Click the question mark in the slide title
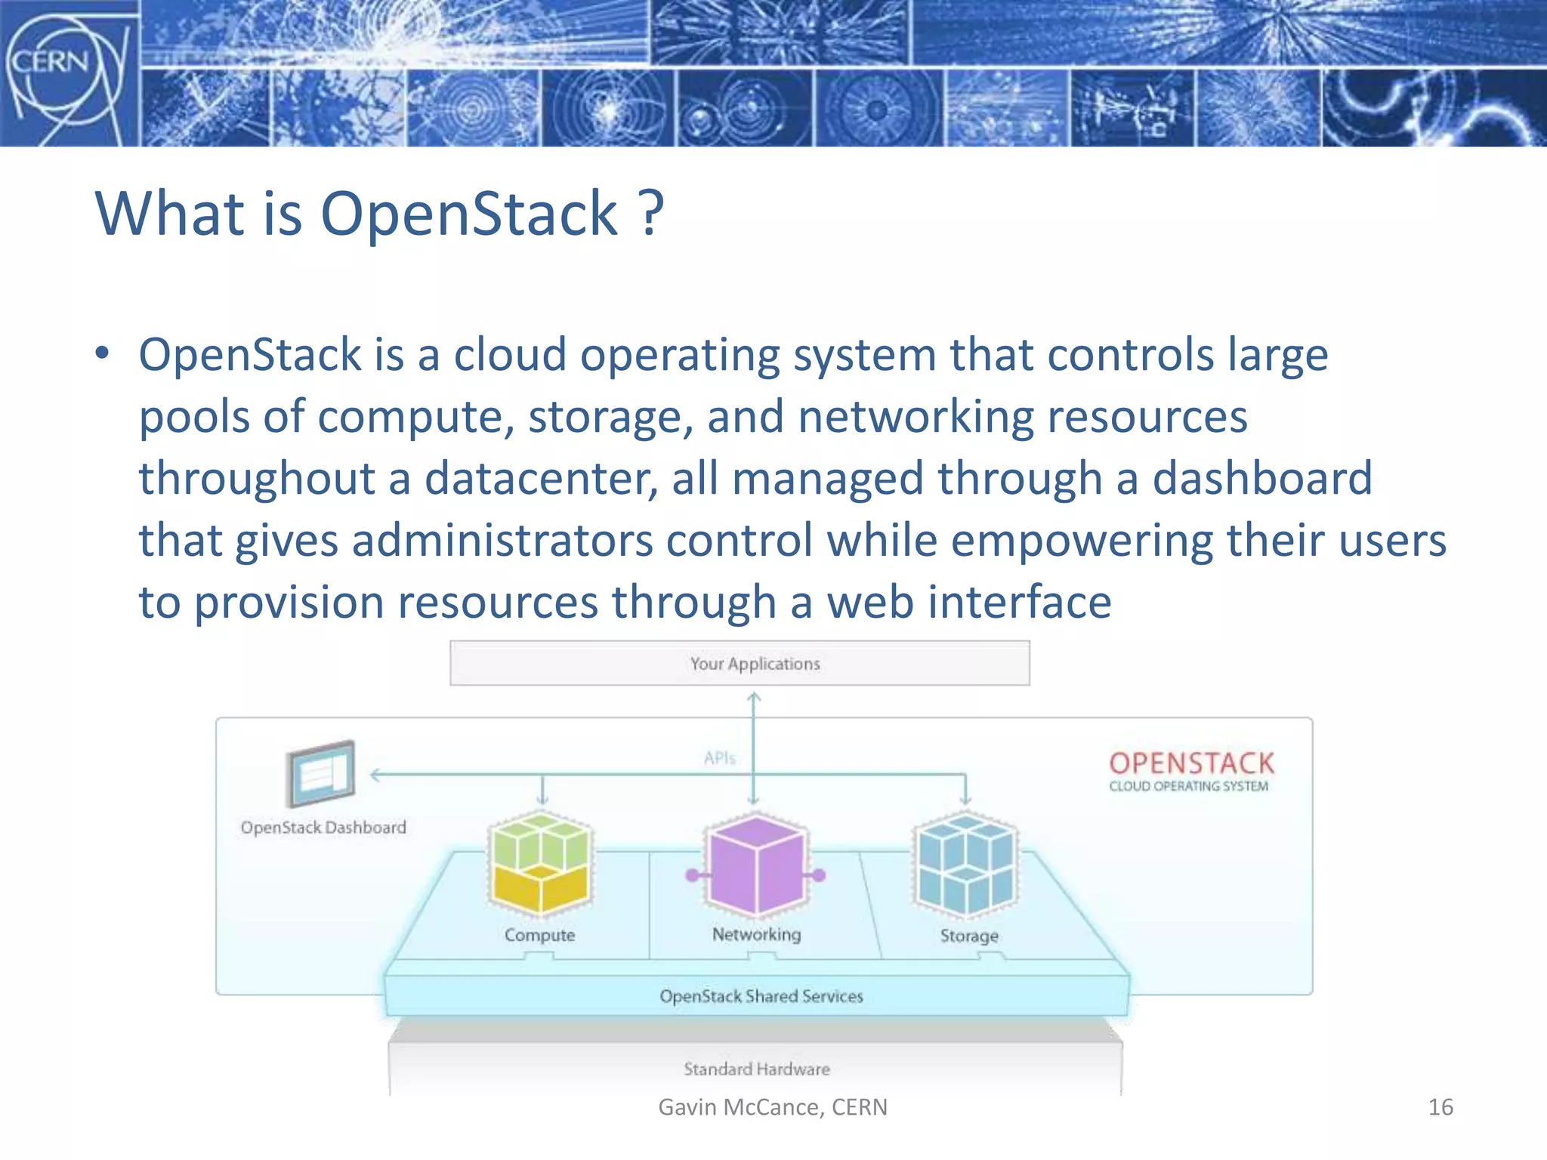(x=650, y=214)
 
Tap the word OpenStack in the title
(x=469, y=214)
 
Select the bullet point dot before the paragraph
(x=103, y=353)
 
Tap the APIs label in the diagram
(x=719, y=757)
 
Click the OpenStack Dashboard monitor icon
(x=321, y=773)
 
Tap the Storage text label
(x=969, y=936)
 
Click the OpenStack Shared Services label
(x=761, y=996)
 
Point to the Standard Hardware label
(x=756, y=1069)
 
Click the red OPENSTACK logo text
(x=1191, y=763)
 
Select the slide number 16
(x=1440, y=1107)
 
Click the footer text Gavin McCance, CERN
(x=773, y=1107)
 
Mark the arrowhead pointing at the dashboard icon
(x=374, y=774)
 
